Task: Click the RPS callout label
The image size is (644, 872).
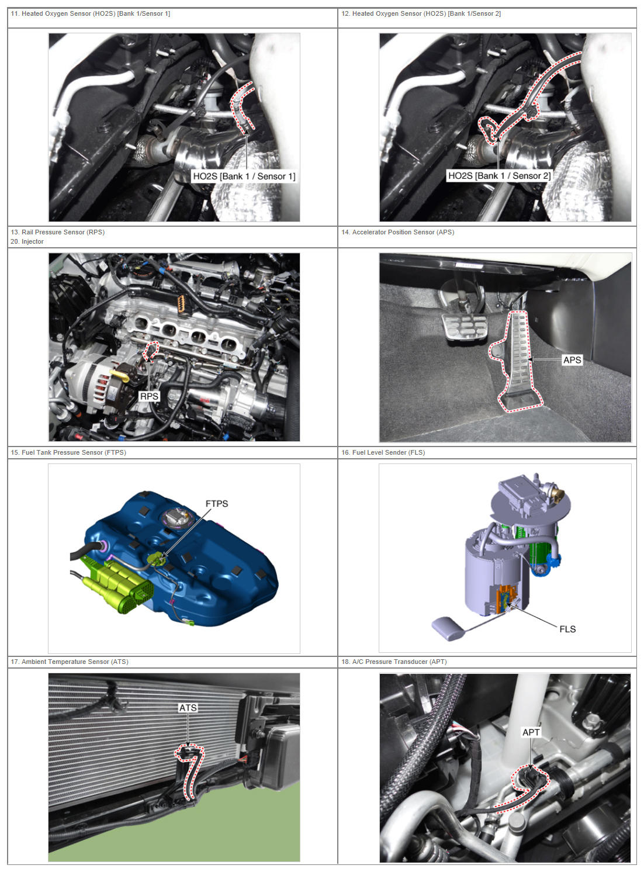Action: coord(149,396)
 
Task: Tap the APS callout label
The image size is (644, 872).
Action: coord(572,360)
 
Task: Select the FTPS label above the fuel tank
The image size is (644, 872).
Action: coord(217,503)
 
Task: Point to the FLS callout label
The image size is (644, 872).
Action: coord(567,629)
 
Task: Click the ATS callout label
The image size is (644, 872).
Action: coord(188,708)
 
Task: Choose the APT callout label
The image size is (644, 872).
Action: coord(531,732)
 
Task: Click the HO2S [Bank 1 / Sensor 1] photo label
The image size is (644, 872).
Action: coord(244,176)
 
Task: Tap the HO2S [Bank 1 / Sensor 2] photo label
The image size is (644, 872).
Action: coord(499,176)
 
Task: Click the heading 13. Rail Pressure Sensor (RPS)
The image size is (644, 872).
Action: coord(58,232)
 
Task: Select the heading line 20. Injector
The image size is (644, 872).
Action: coord(27,241)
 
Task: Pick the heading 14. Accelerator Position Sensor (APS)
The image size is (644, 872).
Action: coord(397,232)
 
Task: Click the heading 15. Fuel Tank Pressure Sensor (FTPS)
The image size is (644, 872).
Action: coord(68,452)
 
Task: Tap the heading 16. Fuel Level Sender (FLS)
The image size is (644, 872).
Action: coord(383,452)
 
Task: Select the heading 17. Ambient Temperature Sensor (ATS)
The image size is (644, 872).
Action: coord(70,661)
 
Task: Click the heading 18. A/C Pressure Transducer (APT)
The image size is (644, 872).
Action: coord(394,661)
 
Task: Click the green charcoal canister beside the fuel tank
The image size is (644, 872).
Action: coord(112,583)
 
